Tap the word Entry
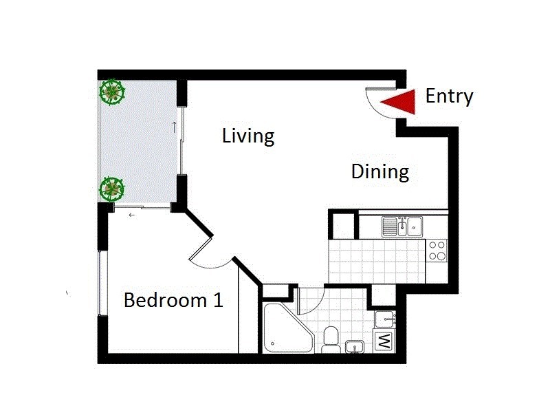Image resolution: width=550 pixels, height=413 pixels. point(449,96)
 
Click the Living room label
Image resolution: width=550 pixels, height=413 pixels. point(248,136)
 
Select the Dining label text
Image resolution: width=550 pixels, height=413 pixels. point(380,171)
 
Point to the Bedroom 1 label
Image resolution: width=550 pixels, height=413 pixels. point(173,301)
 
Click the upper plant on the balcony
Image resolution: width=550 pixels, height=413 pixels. point(112,92)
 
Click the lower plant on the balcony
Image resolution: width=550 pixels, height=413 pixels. point(112,189)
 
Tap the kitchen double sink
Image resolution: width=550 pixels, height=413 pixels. point(403,225)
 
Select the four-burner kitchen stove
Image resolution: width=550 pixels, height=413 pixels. point(437,250)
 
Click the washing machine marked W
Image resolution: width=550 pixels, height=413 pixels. point(382,341)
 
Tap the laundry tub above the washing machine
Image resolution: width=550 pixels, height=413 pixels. point(385,319)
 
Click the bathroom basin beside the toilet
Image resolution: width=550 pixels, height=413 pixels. point(355,346)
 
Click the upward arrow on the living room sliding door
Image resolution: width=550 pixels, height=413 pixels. point(175,127)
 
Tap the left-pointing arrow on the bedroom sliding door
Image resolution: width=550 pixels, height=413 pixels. point(131,215)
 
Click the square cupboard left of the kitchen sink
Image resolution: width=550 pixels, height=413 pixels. point(343,225)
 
